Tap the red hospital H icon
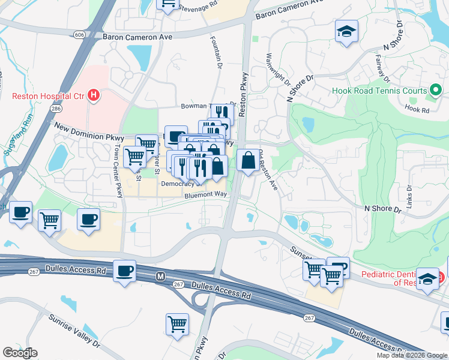[x=93, y=95]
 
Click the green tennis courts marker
[x=436, y=92]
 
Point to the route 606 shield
[x=80, y=35]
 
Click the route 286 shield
[x=56, y=109]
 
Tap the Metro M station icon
[x=160, y=277]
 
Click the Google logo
[x=20, y=352]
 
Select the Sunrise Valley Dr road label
[x=74, y=331]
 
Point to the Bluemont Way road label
[x=205, y=194]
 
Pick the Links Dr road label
[x=409, y=196]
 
